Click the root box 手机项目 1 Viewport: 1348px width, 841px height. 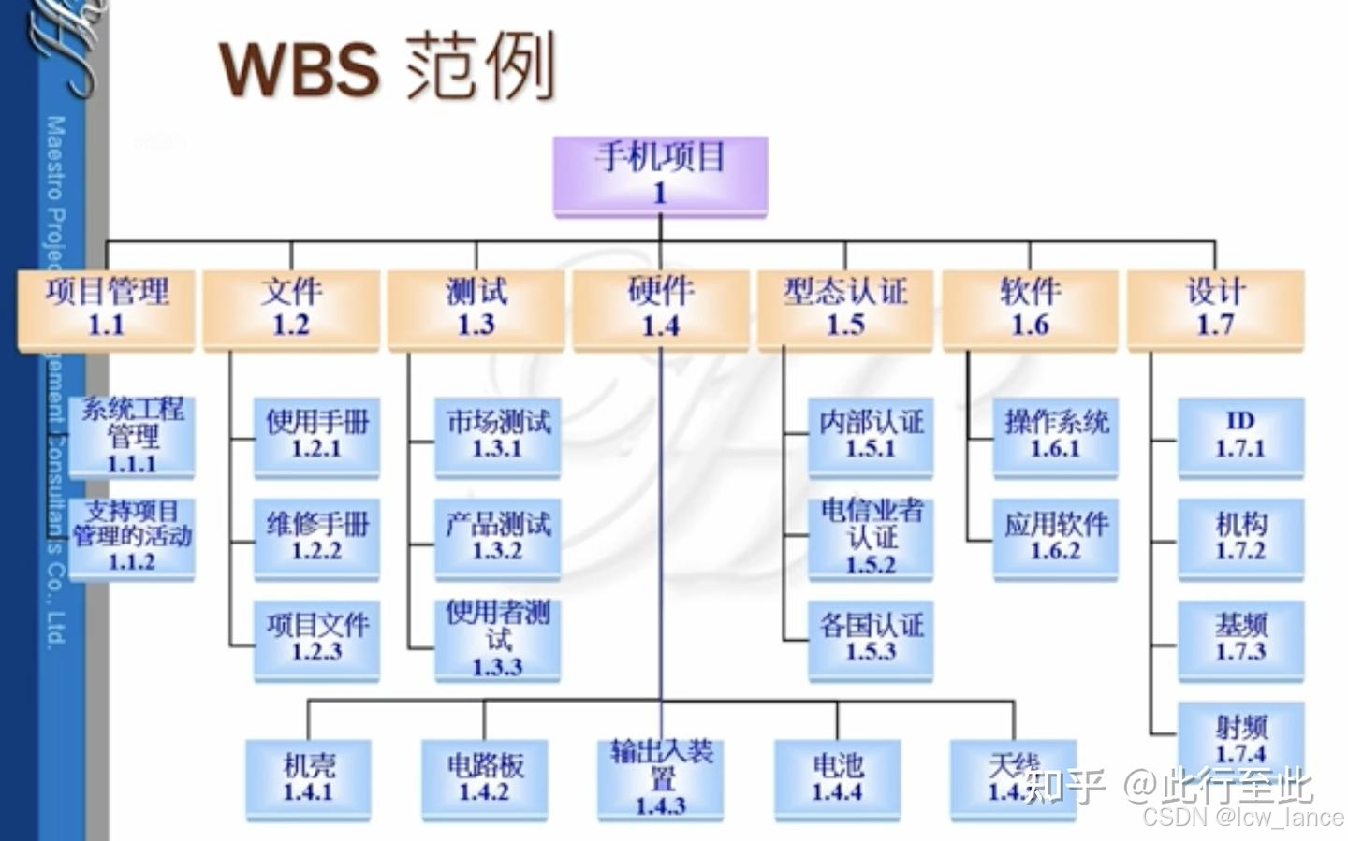pyautogui.click(x=660, y=175)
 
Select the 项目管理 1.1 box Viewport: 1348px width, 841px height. pyautogui.click(x=107, y=309)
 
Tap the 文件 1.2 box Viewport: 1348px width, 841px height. pyautogui.click(x=291, y=309)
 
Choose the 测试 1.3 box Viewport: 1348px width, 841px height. pyautogui.click(x=476, y=309)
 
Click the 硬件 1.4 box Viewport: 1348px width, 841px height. pyautogui.click(x=660, y=309)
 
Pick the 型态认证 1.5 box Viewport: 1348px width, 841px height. pyautogui.click(x=844, y=309)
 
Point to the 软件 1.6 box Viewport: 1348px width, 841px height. pyautogui.click(x=1030, y=309)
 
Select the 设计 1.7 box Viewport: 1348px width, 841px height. pyautogui.click(x=1215, y=309)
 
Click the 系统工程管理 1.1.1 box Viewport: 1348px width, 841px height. pyautogui.click(x=132, y=436)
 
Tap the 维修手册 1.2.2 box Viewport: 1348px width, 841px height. pyautogui.click(x=316, y=538)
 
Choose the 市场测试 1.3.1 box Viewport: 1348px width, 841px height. pyautogui.click(x=497, y=436)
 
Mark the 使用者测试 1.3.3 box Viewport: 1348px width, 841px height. pyautogui.click(x=497, y=639)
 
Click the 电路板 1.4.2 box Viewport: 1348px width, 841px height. pyautogui.click(x=484, y=778)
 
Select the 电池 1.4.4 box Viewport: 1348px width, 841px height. pyautogui.click(x=837, y=778)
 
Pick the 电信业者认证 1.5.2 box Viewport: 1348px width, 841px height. pyautogui.click(x=871, y=538)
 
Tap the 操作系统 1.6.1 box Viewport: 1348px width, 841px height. pyautogui.click(x=1055, y=436)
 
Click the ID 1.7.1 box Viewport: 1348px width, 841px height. pyautogui.click(x=1240, y=436)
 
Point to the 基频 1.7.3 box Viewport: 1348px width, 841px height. pyautogui.click(x=1240, y=639)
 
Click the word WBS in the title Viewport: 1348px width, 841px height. pyautogui.click(x=300, y=68)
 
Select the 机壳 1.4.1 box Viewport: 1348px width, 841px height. pyautogui.click(x=308, y=778)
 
